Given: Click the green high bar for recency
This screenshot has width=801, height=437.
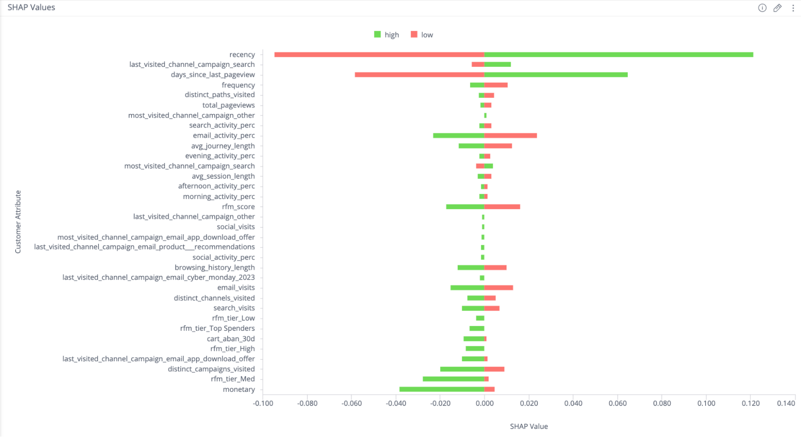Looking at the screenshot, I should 618,54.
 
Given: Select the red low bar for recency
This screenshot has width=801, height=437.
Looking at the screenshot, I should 379,54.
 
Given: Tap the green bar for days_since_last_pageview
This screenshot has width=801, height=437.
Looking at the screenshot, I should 556,75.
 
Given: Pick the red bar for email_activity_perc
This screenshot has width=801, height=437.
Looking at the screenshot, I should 510,136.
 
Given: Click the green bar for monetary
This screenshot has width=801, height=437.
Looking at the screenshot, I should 442,389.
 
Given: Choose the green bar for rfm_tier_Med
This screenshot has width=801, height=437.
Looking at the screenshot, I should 453,379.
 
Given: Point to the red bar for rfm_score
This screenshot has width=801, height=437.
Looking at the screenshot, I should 502,207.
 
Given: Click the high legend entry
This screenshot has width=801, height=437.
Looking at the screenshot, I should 387,35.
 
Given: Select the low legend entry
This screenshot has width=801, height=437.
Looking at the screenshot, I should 422,35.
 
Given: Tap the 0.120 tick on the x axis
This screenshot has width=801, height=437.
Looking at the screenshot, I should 750,403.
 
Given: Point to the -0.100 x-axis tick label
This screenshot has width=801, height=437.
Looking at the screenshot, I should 263,403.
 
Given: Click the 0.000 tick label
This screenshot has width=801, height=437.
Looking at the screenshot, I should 484,403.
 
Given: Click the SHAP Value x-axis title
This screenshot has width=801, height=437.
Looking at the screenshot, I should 529,427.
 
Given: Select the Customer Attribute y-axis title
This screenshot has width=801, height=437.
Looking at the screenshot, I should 18,222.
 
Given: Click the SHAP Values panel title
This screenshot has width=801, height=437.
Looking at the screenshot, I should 31,8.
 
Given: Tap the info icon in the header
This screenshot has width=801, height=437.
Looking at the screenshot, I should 762,8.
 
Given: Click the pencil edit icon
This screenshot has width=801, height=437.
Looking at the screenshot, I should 777,8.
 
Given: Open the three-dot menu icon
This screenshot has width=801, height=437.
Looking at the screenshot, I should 793,8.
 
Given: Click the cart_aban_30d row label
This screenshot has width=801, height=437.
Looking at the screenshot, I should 230,339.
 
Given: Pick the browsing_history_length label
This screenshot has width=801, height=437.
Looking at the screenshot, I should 214,268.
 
